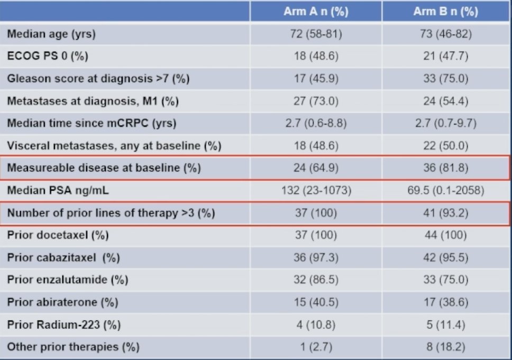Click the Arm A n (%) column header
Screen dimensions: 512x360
316,12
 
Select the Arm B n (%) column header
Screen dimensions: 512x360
446,12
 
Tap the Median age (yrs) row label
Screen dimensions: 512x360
51,34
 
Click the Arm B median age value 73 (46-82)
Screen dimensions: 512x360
446,34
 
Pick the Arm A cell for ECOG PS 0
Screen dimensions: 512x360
316,56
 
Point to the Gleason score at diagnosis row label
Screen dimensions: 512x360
98,79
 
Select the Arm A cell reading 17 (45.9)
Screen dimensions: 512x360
316,79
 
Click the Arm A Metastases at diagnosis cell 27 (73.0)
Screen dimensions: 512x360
316,101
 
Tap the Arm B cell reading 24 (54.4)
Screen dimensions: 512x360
446,101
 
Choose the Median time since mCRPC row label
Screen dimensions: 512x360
92,123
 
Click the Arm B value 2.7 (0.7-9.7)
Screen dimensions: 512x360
446,123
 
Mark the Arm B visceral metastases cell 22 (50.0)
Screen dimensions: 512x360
446,146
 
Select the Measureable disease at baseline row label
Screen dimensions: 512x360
104,168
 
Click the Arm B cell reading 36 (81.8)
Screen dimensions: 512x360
446,168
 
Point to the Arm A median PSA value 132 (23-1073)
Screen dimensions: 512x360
316,190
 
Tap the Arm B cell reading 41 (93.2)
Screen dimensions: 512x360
446,213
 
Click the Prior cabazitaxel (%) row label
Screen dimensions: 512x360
63,258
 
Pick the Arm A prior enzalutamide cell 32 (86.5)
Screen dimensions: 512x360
316,280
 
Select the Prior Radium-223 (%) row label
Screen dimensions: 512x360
64,325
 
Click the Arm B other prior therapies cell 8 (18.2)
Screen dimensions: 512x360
446,347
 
